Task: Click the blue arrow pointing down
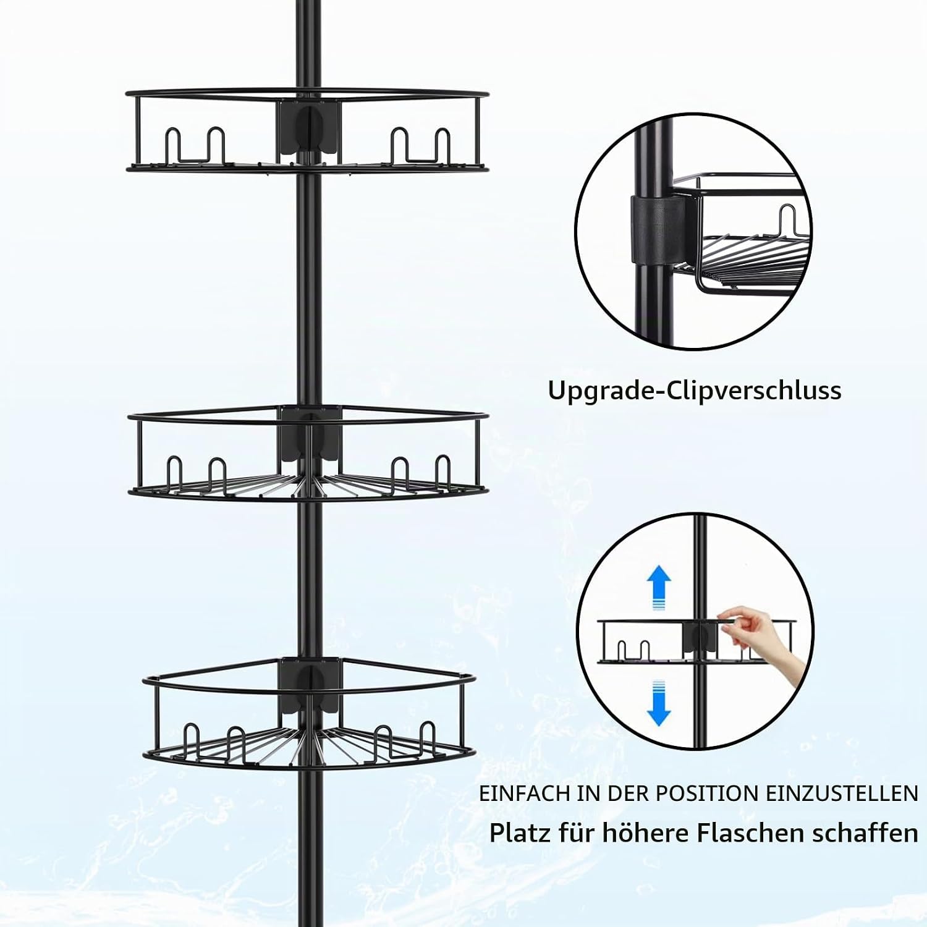pyautogui.click(x=659, y=702)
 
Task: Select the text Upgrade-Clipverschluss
pyautogui.click(x=695, y=391)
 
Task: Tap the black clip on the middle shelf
pyautogui.click(x=308, y=435)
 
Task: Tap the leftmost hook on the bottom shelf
pyautogui.click(x=192, y=741)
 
